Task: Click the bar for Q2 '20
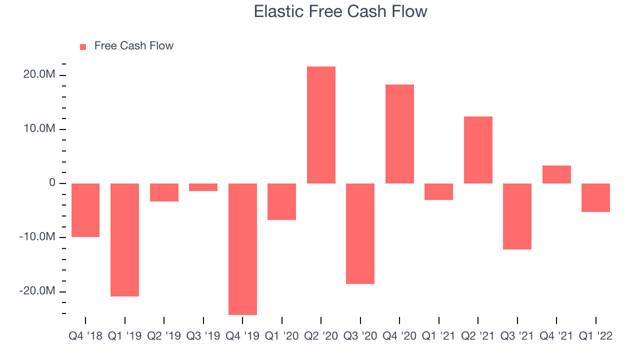point(321,125)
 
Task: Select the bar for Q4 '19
point(242,249)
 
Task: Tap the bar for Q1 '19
point(124,240)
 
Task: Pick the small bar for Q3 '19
point(203,187)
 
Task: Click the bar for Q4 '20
point(399,134)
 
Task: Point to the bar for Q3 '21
point(517,216)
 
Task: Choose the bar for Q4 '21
point(556,174)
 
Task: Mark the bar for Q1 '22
point(595,197)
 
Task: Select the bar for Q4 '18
point(85,210)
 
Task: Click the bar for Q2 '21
point(478,150)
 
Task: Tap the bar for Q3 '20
point(360,233)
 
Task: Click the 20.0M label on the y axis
point(39,74)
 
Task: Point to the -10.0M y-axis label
point(37,236)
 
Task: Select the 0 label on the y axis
point(52,182)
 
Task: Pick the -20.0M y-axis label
point(37,290)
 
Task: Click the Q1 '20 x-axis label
point(281,336)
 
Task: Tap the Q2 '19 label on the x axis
point(164,336)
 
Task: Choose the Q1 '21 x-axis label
point(438,336)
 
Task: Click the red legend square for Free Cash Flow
point(83,47)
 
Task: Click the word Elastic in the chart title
point(278,11)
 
